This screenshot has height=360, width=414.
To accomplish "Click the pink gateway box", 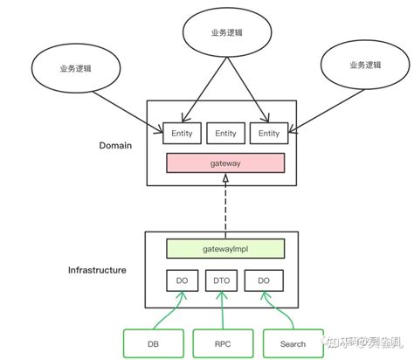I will click(224, 163).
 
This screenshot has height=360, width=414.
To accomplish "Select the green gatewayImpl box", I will click(224, 249).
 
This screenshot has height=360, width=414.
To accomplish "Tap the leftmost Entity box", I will click(182, 134).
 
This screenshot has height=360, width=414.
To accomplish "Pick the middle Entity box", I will click(225, 134).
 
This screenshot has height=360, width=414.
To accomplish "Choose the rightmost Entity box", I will click(269, 134).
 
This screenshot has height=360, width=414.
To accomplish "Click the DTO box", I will click(221, 281).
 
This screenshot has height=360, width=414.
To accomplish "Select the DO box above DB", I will click(183, 281).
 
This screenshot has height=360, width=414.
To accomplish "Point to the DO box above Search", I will click(262, 281).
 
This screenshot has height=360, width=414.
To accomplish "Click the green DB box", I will click(154, 343).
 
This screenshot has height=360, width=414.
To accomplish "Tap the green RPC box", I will click(223, 343).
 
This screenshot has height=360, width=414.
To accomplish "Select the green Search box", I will click(293, 343).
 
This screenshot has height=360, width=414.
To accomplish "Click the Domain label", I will click(115, 145).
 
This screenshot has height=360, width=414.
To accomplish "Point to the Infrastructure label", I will click(97, 270).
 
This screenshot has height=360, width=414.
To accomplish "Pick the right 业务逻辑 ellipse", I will click(365, 65).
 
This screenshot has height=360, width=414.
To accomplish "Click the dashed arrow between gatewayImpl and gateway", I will click(225, 205).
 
